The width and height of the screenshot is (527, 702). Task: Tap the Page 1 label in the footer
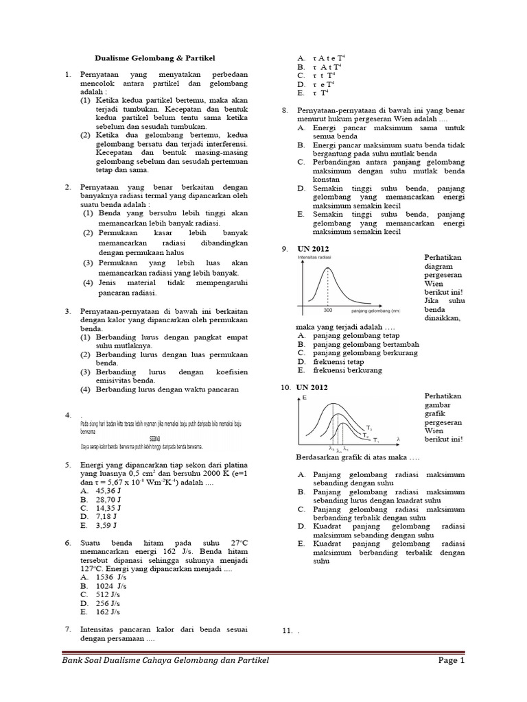pyautogui.click(x=451, y=660)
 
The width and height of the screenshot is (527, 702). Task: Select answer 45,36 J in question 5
pyautogui.click(x=105, y=491)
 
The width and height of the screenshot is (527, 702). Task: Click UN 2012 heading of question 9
pyautogui.click(x=313, y=248)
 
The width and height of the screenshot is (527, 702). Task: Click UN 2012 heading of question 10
pyautogui.click(x=313, y=387)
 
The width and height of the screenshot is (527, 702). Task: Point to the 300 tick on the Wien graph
pyautogui.click(x=327, y=311)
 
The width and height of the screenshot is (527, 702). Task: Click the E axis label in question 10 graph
pyautogui.click(x=304, y=398)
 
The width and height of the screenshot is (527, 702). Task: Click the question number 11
pyautogui.click(x=286, y=629)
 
